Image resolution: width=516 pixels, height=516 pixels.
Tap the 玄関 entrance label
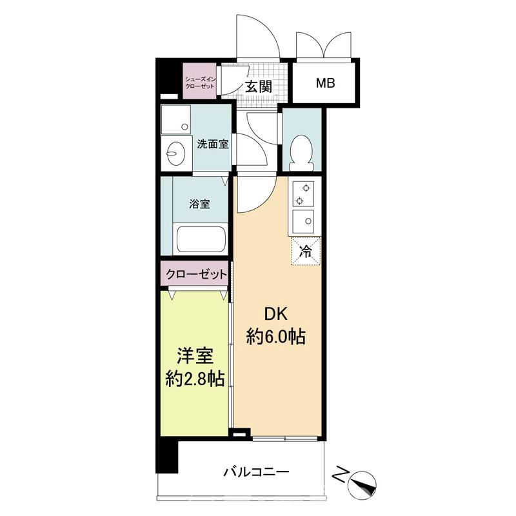[258, 86]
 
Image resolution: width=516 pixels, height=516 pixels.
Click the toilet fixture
[301, 150]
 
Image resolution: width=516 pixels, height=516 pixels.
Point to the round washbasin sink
[175, 152]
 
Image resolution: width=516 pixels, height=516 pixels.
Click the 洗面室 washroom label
[213, 144]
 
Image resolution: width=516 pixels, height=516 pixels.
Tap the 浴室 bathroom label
[199, 204]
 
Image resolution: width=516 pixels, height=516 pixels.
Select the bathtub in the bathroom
[200, 239]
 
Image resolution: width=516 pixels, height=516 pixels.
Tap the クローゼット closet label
[196, 274]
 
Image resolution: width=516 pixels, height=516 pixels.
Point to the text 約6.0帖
[276, 337]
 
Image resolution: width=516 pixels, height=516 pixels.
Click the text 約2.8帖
[195, 379]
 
